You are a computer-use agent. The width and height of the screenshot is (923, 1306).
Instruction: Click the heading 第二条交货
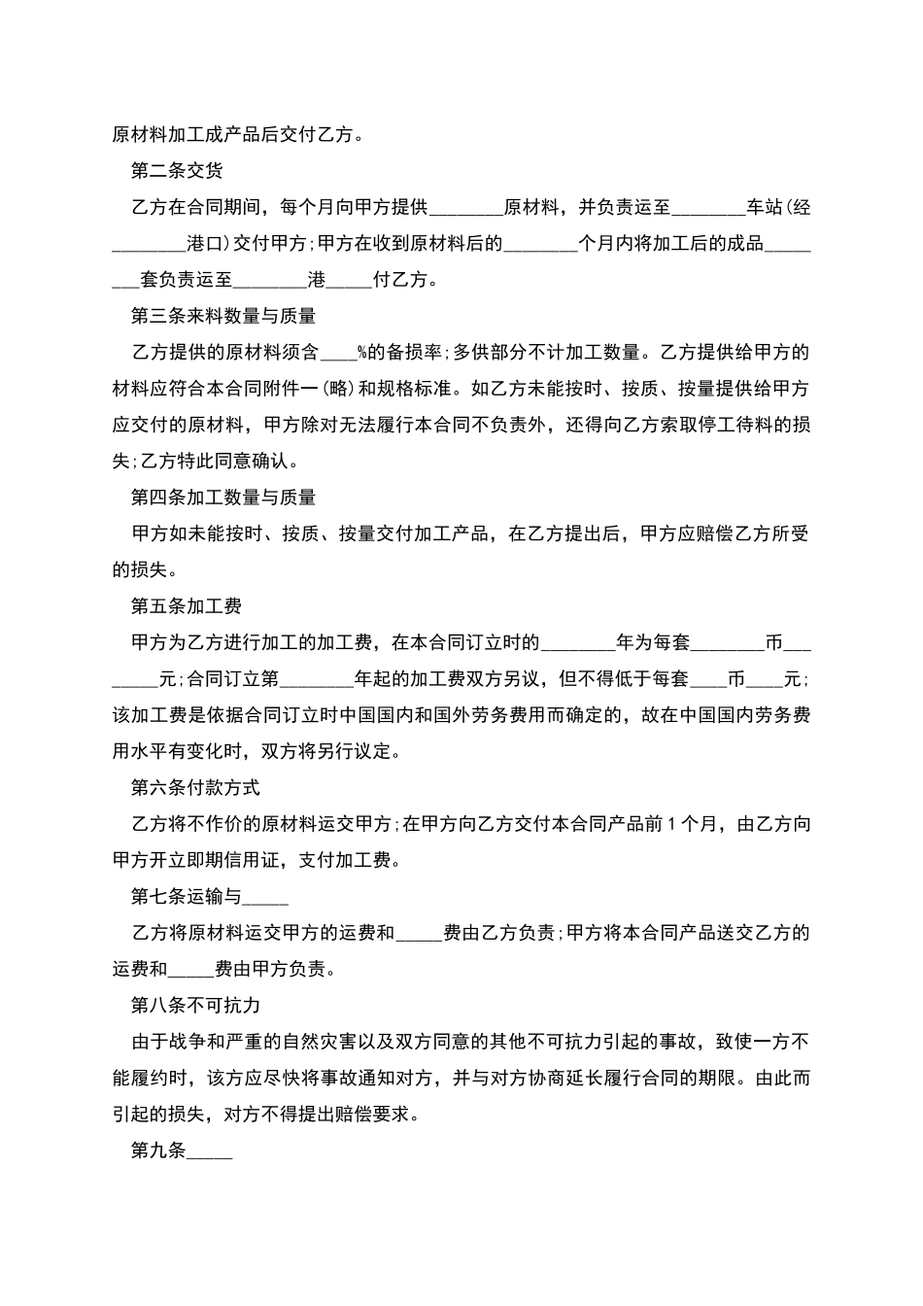(177, 171)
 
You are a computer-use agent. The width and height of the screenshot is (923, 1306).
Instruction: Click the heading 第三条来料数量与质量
(223, 316)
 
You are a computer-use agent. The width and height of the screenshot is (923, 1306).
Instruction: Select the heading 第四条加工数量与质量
(223, 498)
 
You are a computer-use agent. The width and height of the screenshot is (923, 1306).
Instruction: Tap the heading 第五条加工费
(187, 606)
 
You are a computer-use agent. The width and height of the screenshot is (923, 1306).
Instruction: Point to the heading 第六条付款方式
(195, 787)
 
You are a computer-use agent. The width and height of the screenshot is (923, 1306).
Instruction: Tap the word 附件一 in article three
(286, 389)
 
